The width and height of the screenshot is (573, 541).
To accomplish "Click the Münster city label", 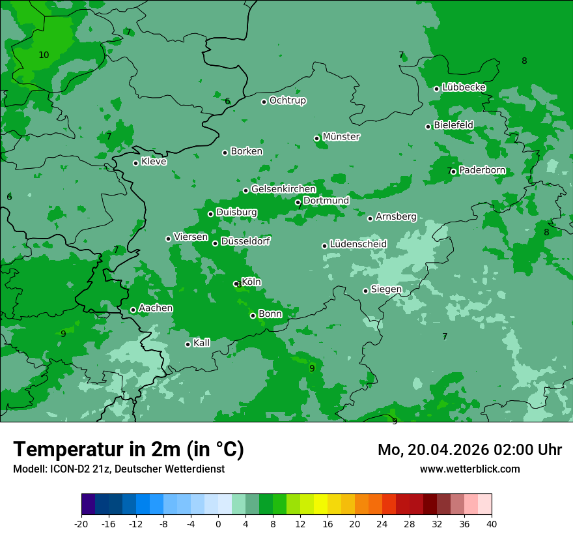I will (341, 137).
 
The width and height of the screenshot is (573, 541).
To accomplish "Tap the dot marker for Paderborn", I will (453, 171).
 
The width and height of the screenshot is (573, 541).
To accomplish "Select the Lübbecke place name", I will (464, 87).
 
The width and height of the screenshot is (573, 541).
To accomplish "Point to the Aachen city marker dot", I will (133, 310).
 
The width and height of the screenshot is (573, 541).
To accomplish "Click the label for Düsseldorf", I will (245, 241).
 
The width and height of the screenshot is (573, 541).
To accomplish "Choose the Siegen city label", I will (386, 289).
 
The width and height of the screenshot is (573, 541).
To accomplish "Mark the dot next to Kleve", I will (135, 163).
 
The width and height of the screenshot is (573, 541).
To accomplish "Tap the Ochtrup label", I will (287, 100).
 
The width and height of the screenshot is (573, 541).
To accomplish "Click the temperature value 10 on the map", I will (44, 55).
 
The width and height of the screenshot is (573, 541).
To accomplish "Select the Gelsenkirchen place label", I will (283, 189).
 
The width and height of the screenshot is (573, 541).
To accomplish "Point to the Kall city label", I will (202, 343).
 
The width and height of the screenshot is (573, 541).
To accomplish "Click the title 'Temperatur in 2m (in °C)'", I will (128, 450).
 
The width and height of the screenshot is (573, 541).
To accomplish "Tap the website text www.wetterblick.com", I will (469, 469).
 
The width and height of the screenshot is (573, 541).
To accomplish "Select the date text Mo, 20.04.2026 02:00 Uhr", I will (469, 450).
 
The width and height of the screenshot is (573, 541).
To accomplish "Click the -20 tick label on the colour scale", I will (81, 524).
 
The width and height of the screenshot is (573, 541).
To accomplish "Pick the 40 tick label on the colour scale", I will (492, 524).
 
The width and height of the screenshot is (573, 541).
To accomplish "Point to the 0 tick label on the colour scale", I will (218, 524).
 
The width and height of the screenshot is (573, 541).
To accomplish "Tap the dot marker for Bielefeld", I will (428, 126).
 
